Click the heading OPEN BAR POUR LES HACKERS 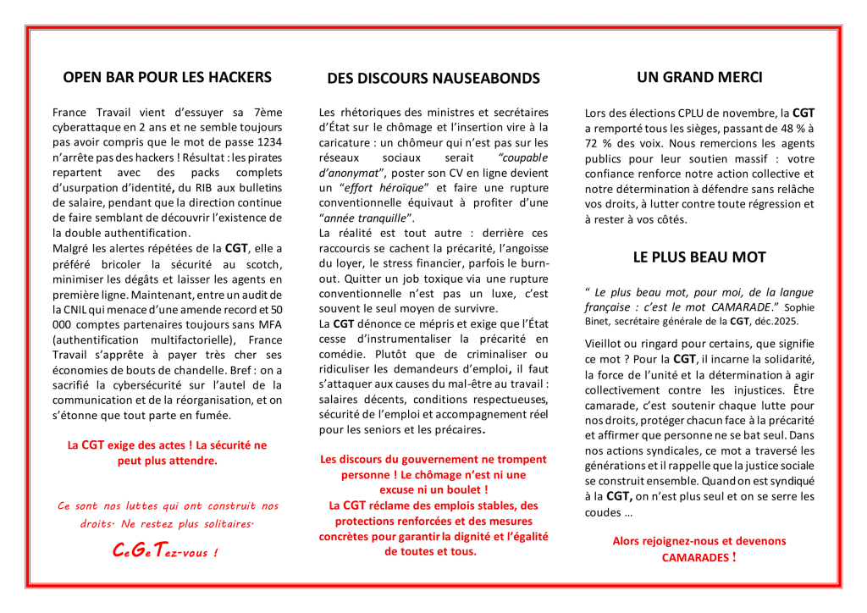point(168,77)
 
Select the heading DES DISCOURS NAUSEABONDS point(433,79)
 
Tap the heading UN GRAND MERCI point(699,77)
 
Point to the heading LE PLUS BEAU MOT point(699,257)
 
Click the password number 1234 point(268,141)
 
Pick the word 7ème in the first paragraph point(268,111)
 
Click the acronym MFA point(268,324)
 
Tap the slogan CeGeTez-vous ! point(167,552)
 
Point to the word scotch point(265,263)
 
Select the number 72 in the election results point(593,143)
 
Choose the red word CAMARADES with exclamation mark point(694,557)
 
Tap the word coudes point(601,512)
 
